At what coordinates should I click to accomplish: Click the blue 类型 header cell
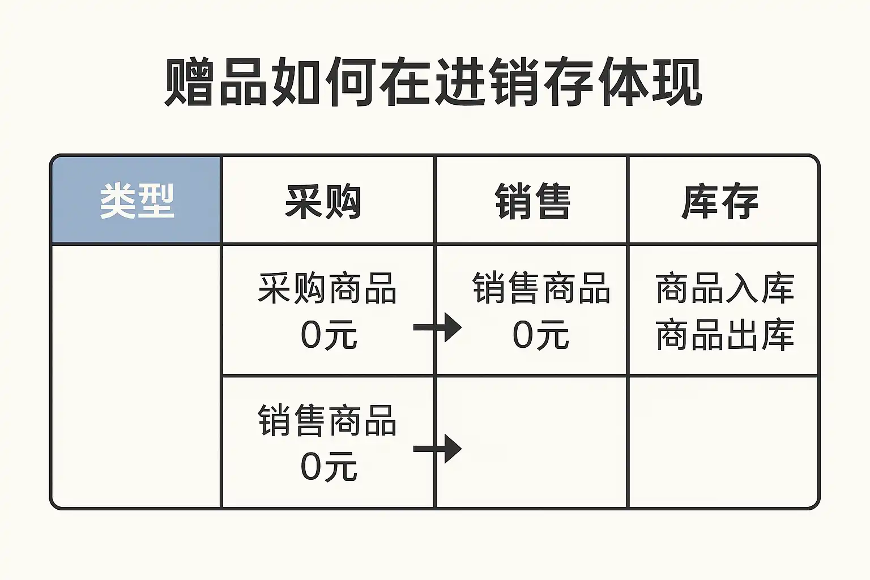click(136, 201)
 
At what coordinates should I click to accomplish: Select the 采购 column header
click(323, 201)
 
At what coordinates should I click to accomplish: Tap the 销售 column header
click(532, 201)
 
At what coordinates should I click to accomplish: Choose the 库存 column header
click(720, 201)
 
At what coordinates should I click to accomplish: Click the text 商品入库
click(725, 288)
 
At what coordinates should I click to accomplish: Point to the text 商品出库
click(725, 335)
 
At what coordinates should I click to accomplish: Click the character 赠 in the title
click(188, 82)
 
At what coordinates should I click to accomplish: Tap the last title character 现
click(677, 82)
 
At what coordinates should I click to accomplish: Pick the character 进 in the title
click(460, 82)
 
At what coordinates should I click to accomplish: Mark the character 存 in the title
click(569, 82)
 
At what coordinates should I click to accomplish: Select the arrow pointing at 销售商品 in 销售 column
click(438, 327)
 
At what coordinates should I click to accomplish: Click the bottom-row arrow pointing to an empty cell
click(438, 449)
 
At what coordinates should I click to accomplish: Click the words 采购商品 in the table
click(327, 288)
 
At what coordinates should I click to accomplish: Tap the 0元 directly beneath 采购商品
click(329, 335)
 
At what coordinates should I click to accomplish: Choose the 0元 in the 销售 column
click(540, 335)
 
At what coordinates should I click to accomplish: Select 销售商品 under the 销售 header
click(541, 288)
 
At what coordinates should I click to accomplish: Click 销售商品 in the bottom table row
click(327, 420)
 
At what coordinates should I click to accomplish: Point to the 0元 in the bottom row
click(329, 467)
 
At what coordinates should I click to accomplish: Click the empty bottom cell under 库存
click(723, 442)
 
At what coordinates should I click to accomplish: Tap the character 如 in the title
click(297, 82)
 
